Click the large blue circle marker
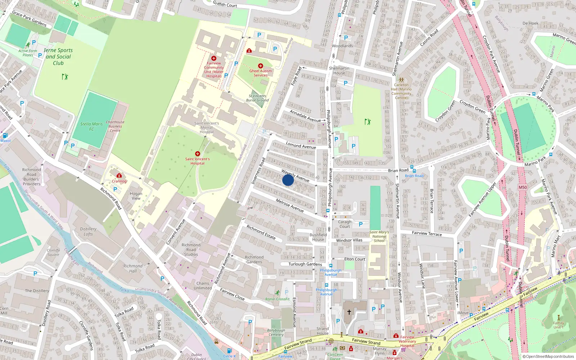288,180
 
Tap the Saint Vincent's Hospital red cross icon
197,154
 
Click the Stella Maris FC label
91,126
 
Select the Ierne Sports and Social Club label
58,57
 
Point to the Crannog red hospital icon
119,176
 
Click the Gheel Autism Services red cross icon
260,66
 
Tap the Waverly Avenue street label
295,176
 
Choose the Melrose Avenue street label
290,205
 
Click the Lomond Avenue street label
301,145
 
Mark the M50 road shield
523,187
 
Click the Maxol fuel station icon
5,136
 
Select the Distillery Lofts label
88,231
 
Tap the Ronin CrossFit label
277,299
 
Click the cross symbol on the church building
349,312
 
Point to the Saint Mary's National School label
379,237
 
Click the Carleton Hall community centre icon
401,80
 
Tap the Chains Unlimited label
203,285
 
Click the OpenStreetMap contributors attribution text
548,357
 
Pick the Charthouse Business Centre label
115,126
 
